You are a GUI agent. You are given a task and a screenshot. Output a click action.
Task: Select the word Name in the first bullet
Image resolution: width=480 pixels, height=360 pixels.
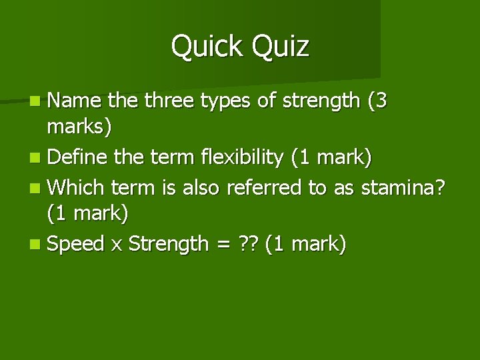75,101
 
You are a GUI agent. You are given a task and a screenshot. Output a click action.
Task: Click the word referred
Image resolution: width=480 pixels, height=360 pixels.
264,187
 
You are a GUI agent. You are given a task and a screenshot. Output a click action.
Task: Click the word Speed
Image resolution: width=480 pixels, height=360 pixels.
76,244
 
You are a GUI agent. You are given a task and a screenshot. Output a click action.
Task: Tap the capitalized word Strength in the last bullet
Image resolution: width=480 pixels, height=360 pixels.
168,244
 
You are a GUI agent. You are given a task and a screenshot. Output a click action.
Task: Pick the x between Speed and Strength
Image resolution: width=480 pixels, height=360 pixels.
116,245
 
